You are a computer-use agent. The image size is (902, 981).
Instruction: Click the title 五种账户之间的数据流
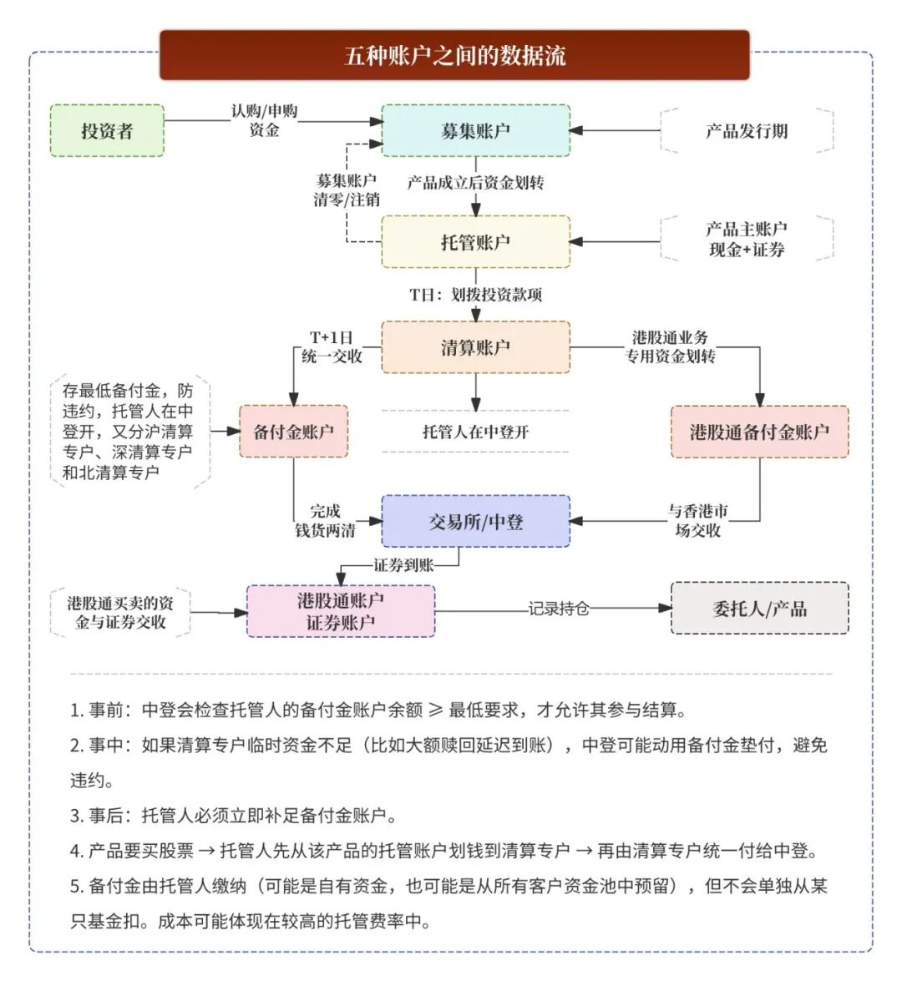click(x=454, y=56)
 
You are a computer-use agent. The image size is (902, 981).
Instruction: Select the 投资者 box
click(x=107, y=130)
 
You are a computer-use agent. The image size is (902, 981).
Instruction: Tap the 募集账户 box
click(x=475, y=130)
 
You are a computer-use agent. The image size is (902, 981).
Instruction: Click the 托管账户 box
click(x=475, y=242)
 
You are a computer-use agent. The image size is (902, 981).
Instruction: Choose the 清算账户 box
click(x=475, y=346)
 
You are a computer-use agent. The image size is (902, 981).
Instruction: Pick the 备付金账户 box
click(x=293, y=432)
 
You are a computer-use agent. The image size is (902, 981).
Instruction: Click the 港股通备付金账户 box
click(x=759, y=432)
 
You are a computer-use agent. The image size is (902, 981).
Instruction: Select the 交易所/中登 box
click(x=475, y=522)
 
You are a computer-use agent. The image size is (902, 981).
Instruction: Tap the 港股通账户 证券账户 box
click(x=340, y=611)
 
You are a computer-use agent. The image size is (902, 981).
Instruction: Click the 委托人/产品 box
click(x=759, y=609)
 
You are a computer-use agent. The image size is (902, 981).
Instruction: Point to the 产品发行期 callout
click(x=747, y=131)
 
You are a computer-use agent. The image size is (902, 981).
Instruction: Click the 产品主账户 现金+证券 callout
click(x=747, y=239)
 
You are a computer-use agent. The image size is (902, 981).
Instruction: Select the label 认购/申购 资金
click(x=264, y=120)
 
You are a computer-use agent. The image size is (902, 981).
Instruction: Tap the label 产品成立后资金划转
click(x=475, y=183)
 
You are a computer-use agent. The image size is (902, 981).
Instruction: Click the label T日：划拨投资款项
click(x=475, y=295)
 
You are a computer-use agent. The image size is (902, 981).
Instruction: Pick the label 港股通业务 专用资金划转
click(x=671, y=346)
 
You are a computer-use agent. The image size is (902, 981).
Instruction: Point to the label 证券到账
click(x=403, y=565)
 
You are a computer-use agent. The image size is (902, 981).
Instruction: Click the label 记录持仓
click(x=558, y=609)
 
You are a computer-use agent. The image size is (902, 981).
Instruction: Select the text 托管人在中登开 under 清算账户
click(x=475, y=432)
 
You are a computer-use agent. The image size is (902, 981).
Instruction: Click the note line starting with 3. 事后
click(x=234, y=816)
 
